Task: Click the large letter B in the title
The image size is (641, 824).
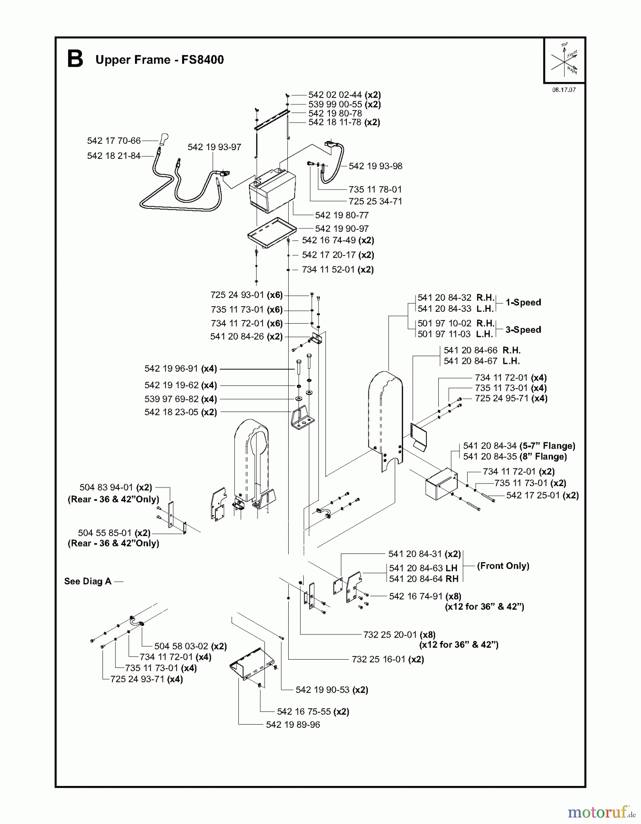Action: (x=75, y=60)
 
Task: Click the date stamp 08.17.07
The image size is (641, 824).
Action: (x=564, y=90)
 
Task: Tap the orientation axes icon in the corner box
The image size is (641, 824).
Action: (x=565, y=60)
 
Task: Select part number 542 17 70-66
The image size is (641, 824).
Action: (x=113, y=141)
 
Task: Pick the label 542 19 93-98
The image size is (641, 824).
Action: (x=375, y=166)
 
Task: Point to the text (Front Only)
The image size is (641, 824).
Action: (x=503, y=566)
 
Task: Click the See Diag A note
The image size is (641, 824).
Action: (x=88, y=581)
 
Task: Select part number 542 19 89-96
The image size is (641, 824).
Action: (x=293, y=725)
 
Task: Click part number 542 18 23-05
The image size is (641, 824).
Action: (x=171, y=412)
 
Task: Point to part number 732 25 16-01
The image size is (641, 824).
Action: (x=378, y=659)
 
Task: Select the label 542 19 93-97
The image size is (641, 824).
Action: (x=214, y=147)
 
